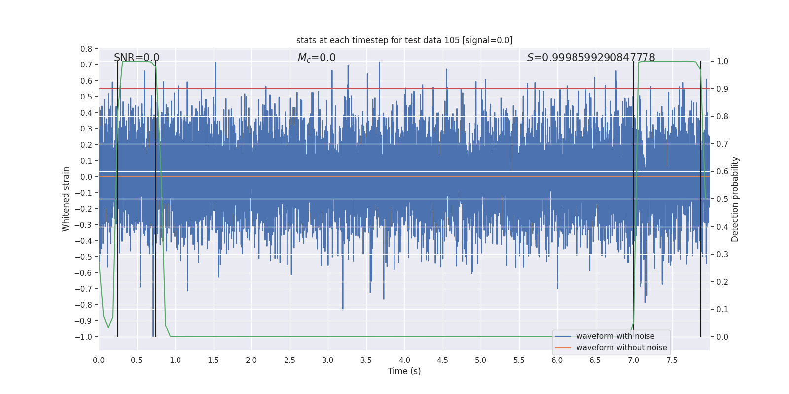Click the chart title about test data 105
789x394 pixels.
(x=404, y=40)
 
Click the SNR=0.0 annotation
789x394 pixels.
(x=137, y=58)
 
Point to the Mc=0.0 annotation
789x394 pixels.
(x=317, y=58)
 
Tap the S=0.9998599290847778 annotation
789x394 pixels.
(x=591, y=58)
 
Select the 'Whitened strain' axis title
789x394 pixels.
(x=66, y=199)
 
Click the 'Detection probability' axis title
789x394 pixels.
(x=735, y=199)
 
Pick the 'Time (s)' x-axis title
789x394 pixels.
(x=404, y=371)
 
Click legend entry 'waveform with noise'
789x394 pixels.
(x=615, y=336)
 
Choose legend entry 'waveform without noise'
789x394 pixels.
(x=621, y=348)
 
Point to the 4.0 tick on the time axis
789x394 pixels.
(x=404, y=360)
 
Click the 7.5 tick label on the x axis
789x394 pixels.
(x=672, y=360)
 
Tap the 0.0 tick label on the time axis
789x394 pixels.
(x=99, y=360)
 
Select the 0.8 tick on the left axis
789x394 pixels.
(x=86, y=49)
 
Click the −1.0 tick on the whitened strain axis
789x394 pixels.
(x=84, y=337)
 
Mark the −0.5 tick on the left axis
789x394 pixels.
(x=84, y=257)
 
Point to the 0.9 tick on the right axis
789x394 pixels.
(x=722, y=89)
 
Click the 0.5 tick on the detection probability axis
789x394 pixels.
(x=722, y=199)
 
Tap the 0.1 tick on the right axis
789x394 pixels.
(x=722, y=310)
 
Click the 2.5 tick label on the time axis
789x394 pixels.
(x=289, y=360)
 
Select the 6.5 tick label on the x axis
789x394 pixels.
(x=595, y=360)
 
